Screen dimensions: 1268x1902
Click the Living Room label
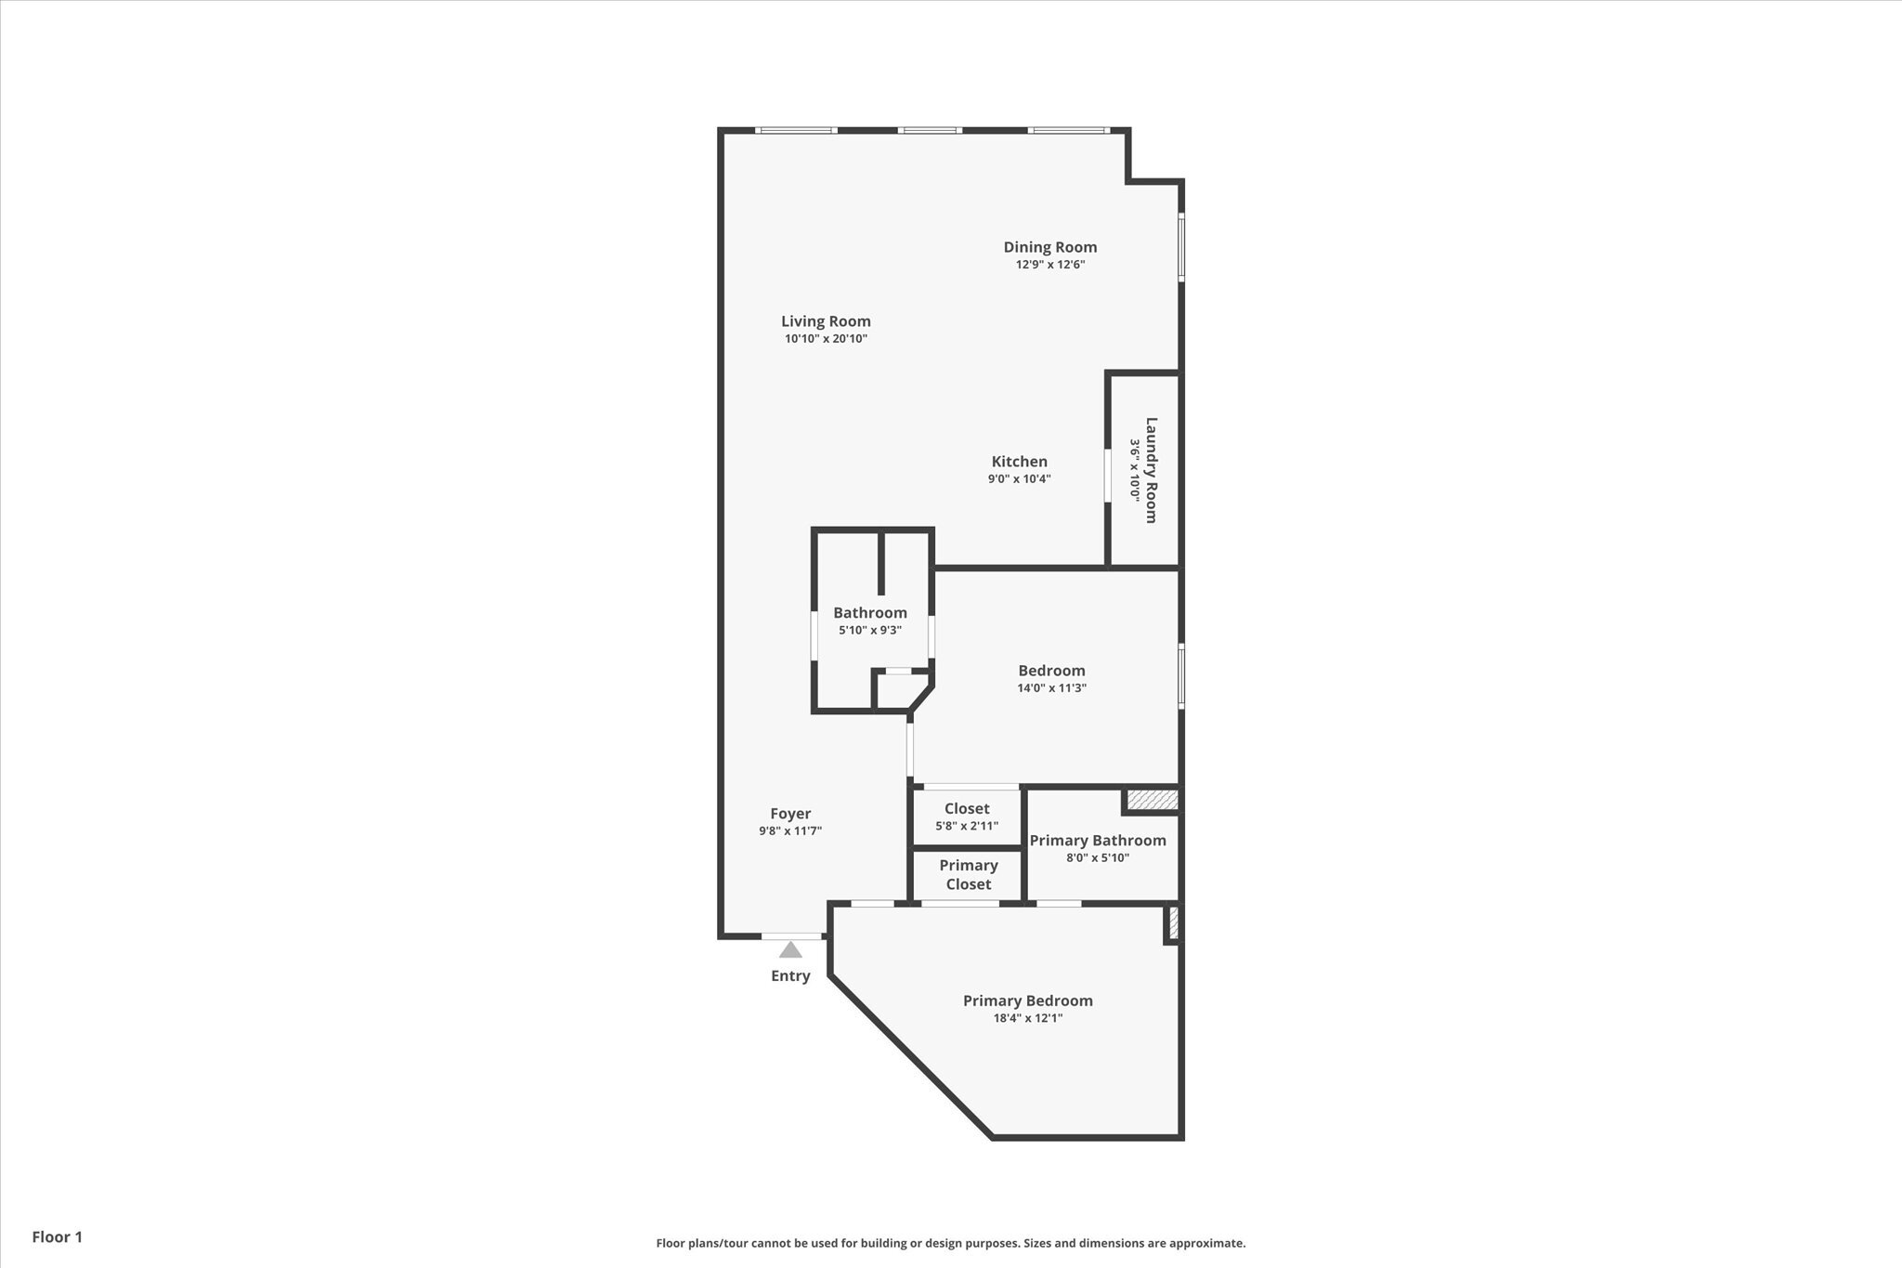click(826, 321)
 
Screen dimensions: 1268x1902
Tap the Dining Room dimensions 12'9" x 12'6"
click(1049, 264)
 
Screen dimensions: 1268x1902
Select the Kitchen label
click(1019, 461)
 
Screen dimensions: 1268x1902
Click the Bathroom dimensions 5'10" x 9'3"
click(869, 630)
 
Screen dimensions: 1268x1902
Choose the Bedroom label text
click(1051, 670)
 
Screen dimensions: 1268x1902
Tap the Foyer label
click(789, 814)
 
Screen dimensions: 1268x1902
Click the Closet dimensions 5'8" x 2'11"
click(966, 826)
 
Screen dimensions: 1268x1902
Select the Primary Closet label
click(968, 874)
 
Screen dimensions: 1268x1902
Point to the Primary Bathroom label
click(1097, 840)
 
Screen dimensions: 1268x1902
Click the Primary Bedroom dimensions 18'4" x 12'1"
click(1027, 1017)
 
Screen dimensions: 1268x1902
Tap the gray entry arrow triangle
click(790, 949)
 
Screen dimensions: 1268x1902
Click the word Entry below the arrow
click(790, 975)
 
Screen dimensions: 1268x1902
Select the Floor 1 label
click(58, 1236)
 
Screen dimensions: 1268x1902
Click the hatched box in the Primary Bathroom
click(1152, 799)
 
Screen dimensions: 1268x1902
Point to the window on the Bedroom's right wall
click(1181, 676)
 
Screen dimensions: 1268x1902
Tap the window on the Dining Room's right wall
click(1181, 247)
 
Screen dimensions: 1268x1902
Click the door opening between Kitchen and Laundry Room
click(1107, 476)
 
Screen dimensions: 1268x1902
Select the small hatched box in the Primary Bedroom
click(1173, 922)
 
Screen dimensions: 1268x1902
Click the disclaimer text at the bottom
click(950, 1243)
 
